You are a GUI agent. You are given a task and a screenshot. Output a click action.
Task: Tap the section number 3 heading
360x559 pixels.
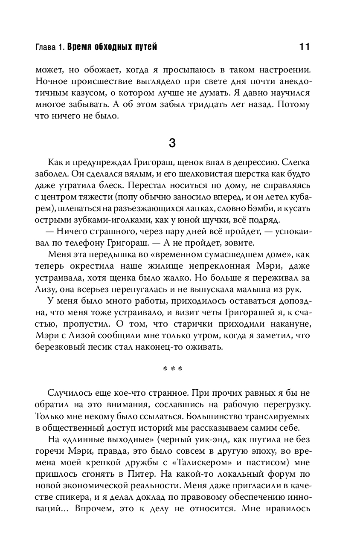tap(172, 143)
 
